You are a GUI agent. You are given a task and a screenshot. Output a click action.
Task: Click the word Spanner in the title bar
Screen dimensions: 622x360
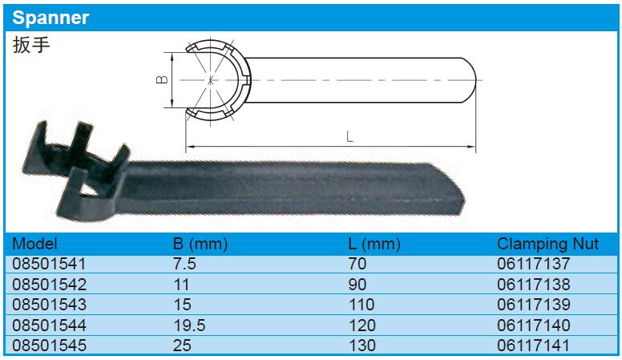50,18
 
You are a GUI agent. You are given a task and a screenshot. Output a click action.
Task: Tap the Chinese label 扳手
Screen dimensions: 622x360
31,44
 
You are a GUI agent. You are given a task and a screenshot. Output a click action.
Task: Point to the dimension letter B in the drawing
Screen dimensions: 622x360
162,80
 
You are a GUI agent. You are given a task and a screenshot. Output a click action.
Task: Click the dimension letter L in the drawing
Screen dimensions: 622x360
349,137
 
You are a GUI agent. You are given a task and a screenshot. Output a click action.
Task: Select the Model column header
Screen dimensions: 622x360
34,244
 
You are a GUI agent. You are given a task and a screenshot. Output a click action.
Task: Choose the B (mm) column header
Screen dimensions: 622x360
200,244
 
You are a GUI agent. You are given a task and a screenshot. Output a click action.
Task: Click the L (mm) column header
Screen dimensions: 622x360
374,244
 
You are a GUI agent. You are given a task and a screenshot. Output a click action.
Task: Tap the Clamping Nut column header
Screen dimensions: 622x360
547,244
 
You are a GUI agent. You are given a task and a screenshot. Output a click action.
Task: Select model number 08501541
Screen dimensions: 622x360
49,264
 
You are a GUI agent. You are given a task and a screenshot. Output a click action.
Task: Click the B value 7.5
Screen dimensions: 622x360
184,264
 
